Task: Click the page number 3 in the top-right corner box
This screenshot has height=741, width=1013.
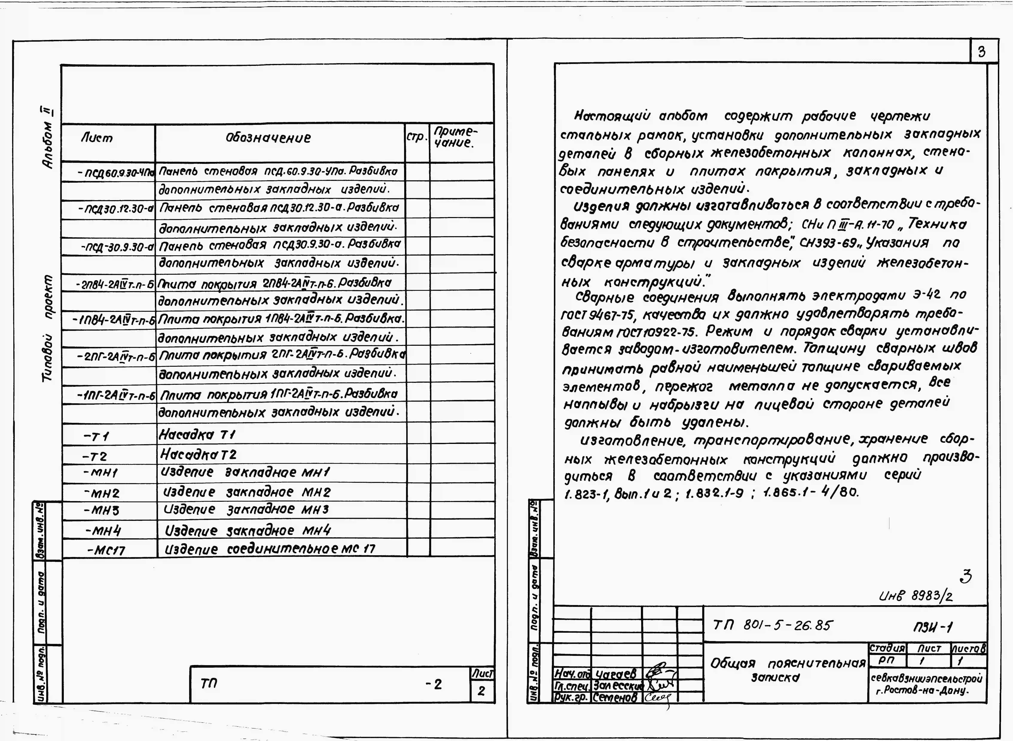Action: [x=982, y=52]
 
